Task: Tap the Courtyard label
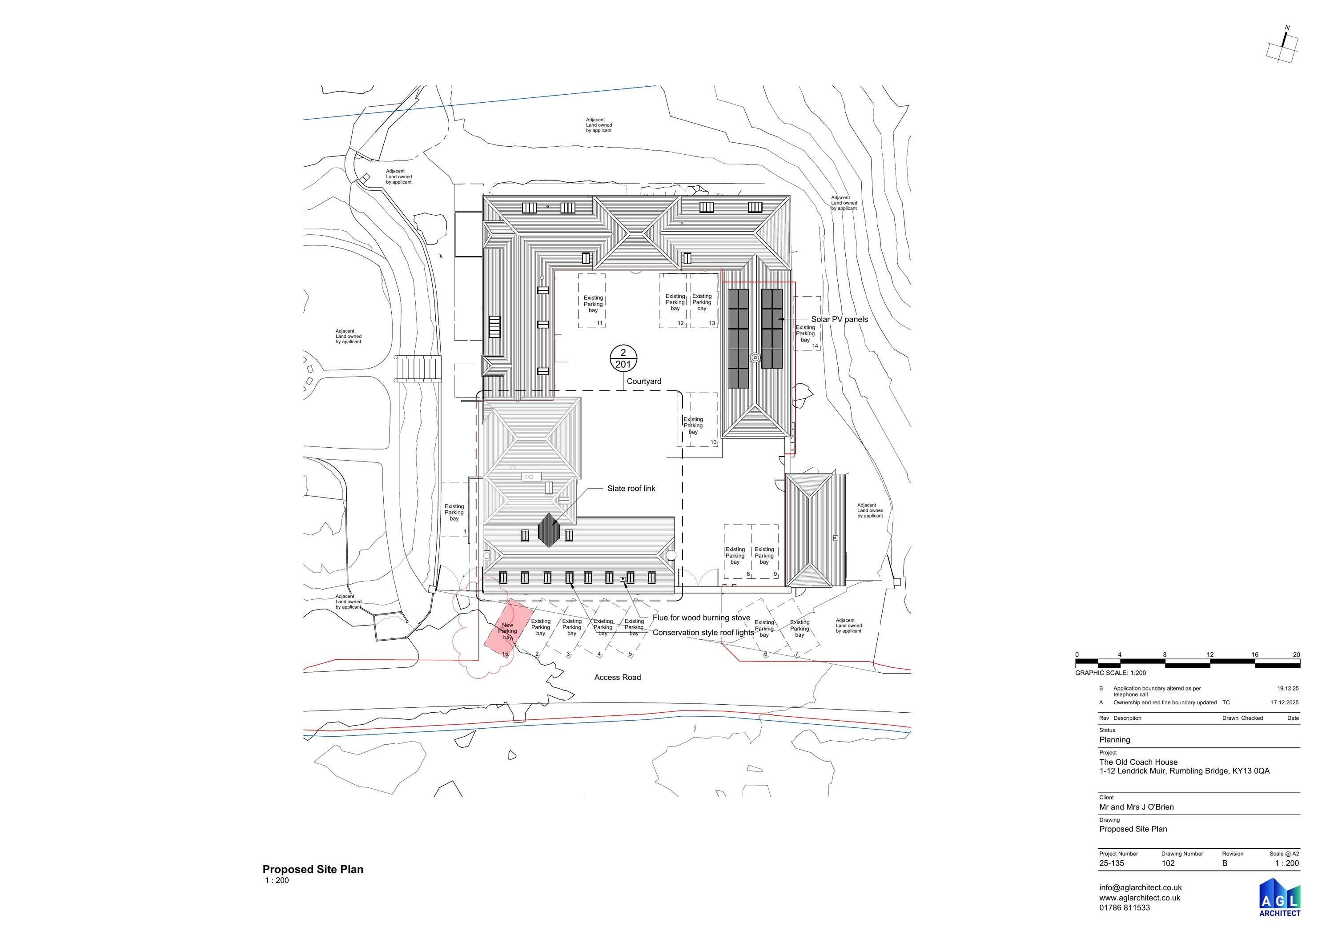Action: pyautogui.click(x=644, y=381)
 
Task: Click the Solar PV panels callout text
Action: pyautogui.click(x=840, y=319)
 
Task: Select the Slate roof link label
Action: pyautogui.click(x=631, y=488)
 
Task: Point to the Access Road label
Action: pyautogui.click(x=618, y=677)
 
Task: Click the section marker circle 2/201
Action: pyautogui.click(x=623, y=358)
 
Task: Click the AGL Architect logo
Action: pyautogui.click(x=1280, y=897)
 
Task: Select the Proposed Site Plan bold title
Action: pyautogui.click(x=313, y=869)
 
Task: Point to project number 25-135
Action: pyautogui.click(x=1112, y=863)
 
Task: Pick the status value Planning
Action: pyautogui.click(x=1114, y=740)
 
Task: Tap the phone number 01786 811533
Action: pyautogui.click(x=1124, y=907)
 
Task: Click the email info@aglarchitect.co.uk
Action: pyautogui.click(x=1141, y=887)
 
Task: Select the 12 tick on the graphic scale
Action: pyautogui.click(x=1210, y=654)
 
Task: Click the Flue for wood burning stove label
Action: pyautogui.click(x=701, y=618)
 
